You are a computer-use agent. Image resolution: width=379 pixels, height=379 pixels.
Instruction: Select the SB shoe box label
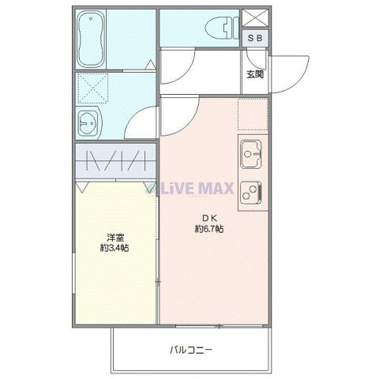256,37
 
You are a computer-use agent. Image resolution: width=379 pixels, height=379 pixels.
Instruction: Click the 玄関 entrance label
254,75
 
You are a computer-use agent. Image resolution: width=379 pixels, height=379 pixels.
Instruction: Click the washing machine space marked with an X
96,89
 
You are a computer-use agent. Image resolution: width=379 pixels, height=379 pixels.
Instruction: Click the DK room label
208,217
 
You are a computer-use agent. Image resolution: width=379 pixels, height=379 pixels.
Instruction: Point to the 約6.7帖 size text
208,229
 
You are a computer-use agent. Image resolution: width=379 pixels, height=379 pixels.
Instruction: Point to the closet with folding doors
115,161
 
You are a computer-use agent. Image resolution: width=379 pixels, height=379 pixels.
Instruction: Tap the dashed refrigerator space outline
253,114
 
